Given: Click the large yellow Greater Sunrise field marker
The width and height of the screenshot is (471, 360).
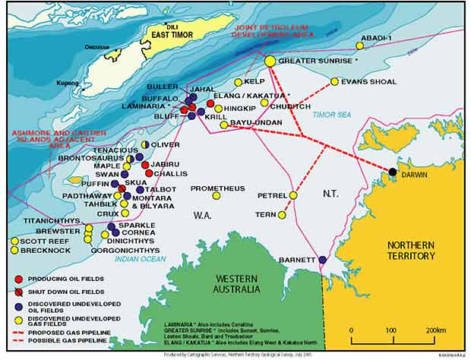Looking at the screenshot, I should coord(270,60).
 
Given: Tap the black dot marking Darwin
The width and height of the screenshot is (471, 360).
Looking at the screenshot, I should coord(393,172).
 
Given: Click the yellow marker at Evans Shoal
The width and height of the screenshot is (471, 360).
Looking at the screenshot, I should coord(335,81).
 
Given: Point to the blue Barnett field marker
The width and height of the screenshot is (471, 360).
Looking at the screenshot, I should coord(322,260).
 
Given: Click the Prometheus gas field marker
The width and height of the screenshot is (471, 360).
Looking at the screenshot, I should coord(217,196).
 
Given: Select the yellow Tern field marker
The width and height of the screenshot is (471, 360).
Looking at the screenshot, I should coord(282,215).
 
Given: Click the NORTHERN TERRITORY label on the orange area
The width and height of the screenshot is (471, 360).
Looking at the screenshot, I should coord(411,251).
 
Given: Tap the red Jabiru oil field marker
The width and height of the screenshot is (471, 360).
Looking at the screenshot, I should coord(145,165).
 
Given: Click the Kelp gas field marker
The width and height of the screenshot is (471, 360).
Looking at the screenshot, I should coord(238,82).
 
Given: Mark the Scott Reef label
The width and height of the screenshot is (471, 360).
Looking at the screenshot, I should coord(30,241).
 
